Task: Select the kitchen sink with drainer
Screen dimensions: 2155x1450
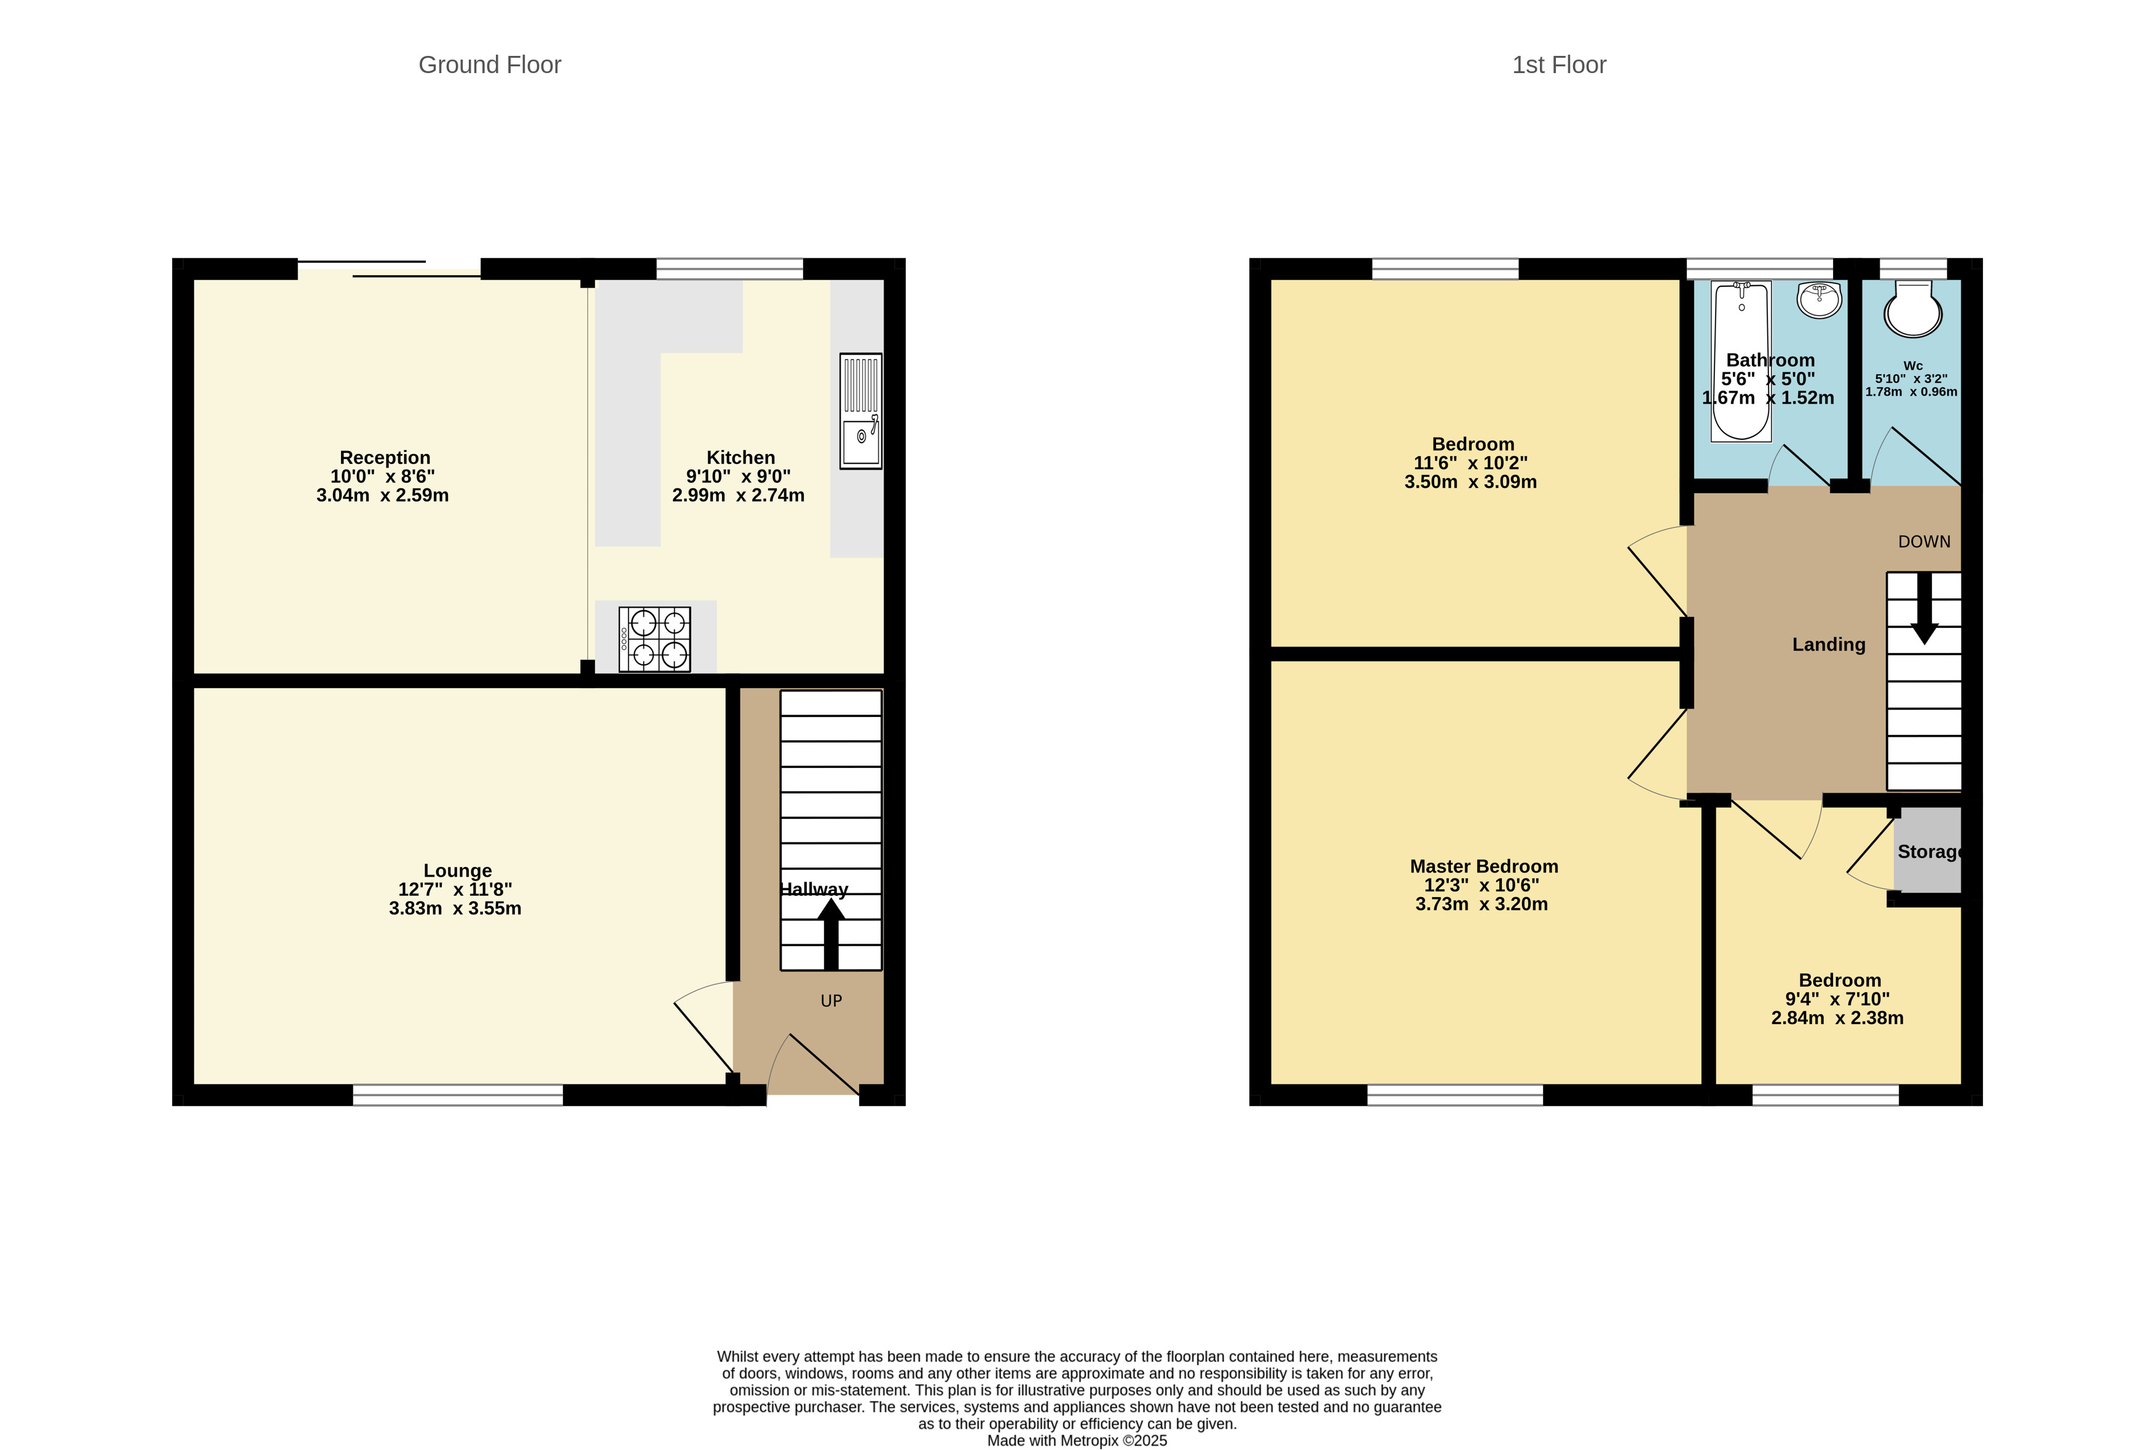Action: [860, 410]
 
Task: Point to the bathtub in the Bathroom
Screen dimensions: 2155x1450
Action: [1741, 361]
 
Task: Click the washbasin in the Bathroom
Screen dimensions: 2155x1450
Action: [1819, 300]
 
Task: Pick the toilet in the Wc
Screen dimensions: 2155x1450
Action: [1913, 310]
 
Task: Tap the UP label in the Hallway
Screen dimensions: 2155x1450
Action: [831, 1001]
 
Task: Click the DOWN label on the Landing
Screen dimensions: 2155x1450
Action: [1924, 542]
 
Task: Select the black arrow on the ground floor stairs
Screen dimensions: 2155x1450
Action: [831, 934]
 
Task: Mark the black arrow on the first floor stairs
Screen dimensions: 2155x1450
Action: [1925, 608]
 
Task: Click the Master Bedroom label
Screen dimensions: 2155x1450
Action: [1483, 866]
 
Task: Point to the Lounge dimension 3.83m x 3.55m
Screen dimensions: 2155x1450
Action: [455, 908]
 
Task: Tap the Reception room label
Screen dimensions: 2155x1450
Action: [385, 458]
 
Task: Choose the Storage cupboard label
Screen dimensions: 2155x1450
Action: [1929, 852]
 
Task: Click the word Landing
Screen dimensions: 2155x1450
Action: [1829, 645]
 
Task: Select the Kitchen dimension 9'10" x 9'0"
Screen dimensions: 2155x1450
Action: [738, 476]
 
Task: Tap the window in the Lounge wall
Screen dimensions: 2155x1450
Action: [458, 1095]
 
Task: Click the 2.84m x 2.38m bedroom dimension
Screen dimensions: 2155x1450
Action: [1837, 1018]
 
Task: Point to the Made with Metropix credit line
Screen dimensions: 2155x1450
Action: [1077, 1440]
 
